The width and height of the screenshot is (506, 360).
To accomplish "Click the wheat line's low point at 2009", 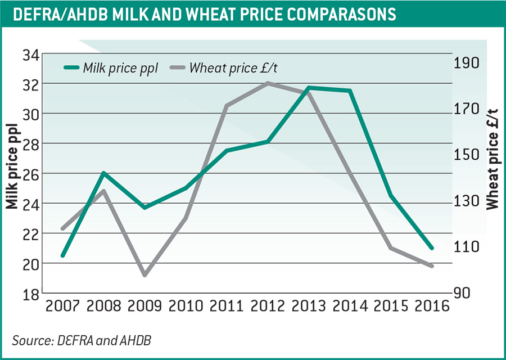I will pos(146,275).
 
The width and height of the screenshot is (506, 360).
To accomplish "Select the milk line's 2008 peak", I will pos(104,173).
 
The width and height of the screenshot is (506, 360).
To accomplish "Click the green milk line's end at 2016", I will pos(432,248).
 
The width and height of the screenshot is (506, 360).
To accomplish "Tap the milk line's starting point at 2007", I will pos(63,255).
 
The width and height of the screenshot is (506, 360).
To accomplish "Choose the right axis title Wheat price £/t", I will pos(493,157).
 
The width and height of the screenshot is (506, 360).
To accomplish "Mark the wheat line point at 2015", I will pos(391,247).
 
